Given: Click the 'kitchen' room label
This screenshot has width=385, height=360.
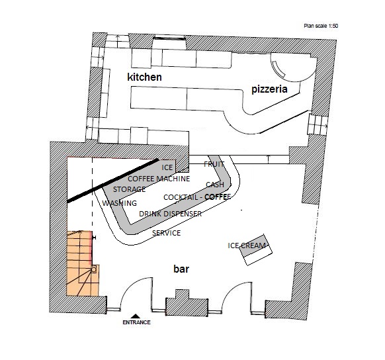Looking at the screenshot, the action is [x=144, y=77].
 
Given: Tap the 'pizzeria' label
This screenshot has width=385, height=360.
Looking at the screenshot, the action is [x=269, y=89].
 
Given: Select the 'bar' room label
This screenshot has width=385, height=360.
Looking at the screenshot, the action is [x=181, y=269].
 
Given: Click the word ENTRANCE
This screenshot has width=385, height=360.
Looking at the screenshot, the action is [x=136, y=322].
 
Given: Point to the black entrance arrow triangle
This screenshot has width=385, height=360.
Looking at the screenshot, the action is [x=136, y=316].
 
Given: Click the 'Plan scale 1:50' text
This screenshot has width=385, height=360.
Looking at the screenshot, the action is [x=321, y=26].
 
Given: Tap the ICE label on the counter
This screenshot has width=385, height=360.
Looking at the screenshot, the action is [x=167, y=167].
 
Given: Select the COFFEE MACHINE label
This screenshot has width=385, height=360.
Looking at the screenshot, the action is [x=159, y=179].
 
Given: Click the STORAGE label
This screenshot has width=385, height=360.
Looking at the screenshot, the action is [x=129, y=189].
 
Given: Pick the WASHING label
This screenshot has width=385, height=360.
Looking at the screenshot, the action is [x=120, y=203].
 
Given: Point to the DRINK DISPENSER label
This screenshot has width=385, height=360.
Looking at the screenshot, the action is [x=171, y=214].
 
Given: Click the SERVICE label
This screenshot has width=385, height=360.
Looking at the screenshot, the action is [x=167, y=233].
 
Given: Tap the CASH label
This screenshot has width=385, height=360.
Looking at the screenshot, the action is [x=215, y=185].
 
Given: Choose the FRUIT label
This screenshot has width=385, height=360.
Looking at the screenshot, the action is [x=214, y=164].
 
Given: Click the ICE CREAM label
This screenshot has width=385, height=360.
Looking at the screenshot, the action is [x=247, y=246].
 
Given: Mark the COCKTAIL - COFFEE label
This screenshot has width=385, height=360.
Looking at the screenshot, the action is [x=197, y=197].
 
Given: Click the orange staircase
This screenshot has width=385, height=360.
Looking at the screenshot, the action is [x=82, y=263].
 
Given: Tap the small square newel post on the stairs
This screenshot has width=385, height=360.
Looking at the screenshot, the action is [x=93, y=269].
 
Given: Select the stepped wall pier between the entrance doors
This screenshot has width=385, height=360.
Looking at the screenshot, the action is [x=187, y=304].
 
